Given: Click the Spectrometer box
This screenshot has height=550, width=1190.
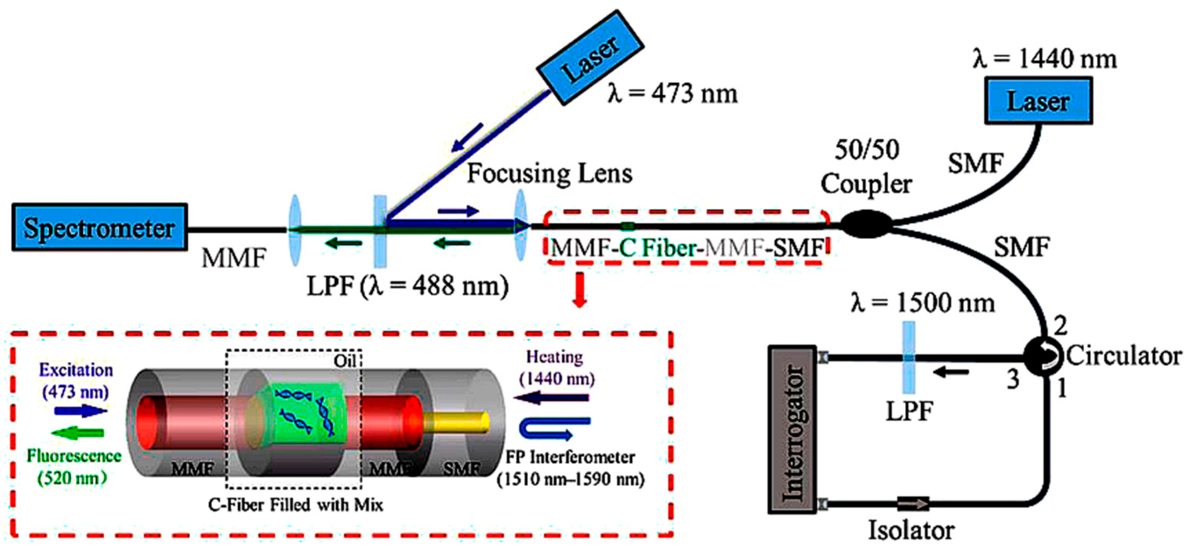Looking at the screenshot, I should (x=99, y=227).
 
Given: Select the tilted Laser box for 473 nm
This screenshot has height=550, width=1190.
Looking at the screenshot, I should (x=589, y=57).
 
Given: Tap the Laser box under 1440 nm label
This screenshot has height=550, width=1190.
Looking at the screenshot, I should (x=1038, y=101).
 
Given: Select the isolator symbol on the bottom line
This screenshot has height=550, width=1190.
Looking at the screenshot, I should (x=912, y=504).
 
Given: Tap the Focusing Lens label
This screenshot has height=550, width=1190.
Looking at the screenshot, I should (x=549, y=174).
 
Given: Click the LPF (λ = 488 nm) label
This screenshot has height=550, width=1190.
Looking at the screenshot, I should (x=407, y=286).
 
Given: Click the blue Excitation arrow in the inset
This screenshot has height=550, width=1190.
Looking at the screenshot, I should (x=80, y=410).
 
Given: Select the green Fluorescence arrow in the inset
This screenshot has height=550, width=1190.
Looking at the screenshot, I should (x=78, y=433).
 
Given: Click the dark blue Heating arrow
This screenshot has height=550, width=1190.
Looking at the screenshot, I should (x=552, y=397).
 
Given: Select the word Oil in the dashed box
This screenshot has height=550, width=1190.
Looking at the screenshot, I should (x=345, y=361).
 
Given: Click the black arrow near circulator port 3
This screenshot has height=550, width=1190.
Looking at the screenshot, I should (x=950, y=372).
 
